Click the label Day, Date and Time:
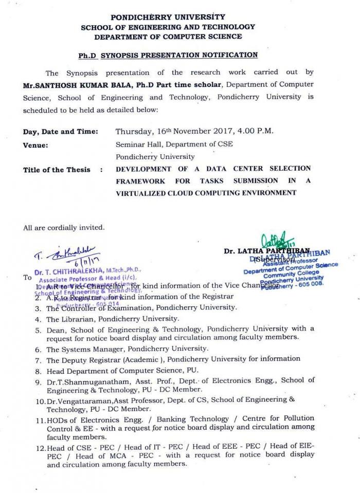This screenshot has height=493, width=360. coord(60,132)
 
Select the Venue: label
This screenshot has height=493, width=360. coord(35,145)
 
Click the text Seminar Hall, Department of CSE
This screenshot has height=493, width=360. coord(174,144)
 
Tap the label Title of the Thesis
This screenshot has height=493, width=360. coord(57,170)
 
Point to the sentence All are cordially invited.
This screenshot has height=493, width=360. coord(64,227)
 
